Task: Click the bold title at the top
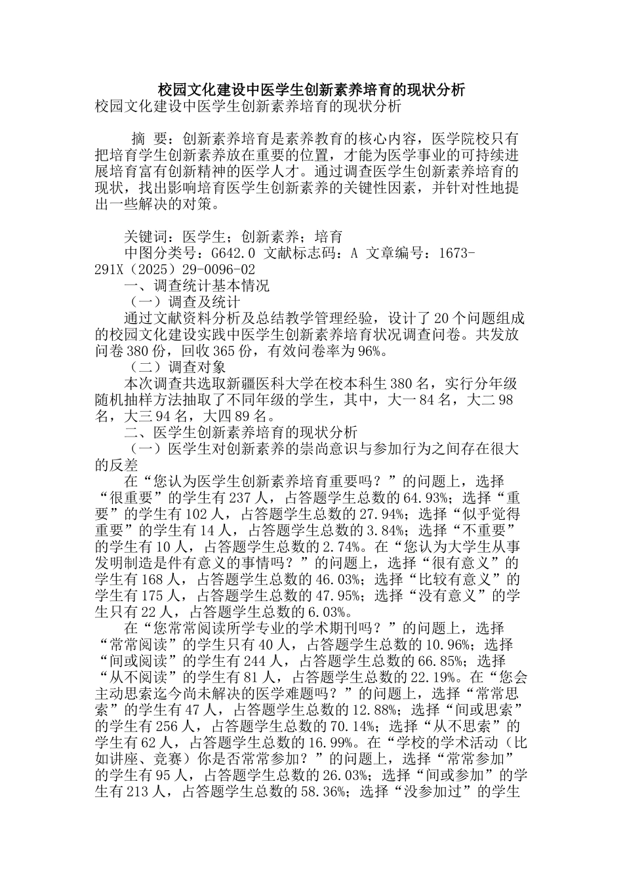(x=311, y=89)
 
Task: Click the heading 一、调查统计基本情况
(x=197, y=286)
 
